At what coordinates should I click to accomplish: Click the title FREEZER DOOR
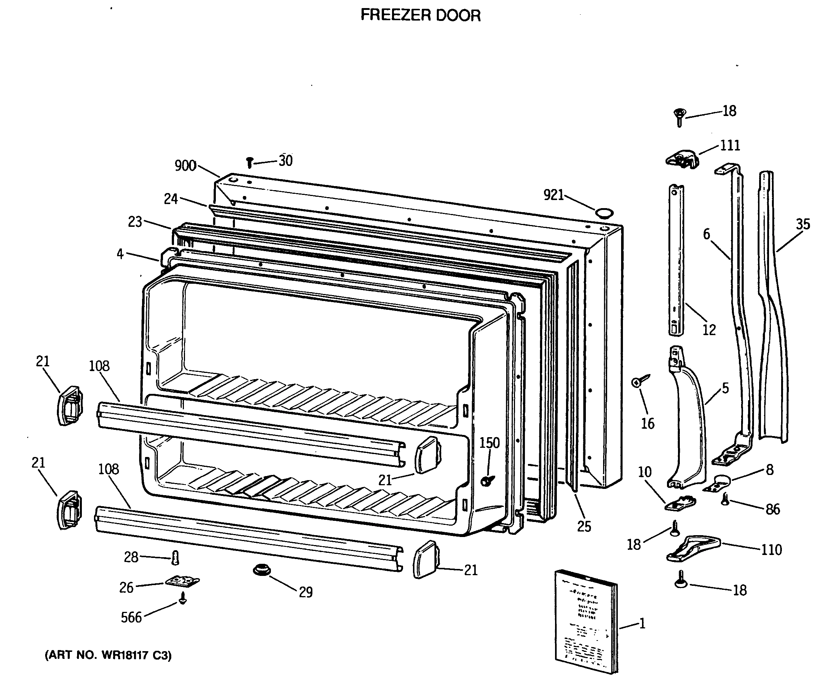click(420, 15)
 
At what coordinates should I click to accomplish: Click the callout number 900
click(185, 166)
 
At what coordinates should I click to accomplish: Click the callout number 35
click(803, 224)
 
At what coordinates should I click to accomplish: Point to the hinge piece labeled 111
click(682, 159)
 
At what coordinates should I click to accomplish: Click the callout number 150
click(489, 443)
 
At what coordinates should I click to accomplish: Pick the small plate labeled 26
click(182, 581)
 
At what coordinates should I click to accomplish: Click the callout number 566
click(131, 617)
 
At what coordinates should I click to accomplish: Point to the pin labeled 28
click(175, 558)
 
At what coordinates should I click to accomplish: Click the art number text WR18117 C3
click(108, 655)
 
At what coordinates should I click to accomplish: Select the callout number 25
click(584, 527)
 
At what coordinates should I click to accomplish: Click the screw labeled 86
click(725, 499)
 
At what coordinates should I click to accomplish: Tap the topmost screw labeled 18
click(680, 117)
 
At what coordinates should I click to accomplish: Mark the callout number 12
click(709, 330)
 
